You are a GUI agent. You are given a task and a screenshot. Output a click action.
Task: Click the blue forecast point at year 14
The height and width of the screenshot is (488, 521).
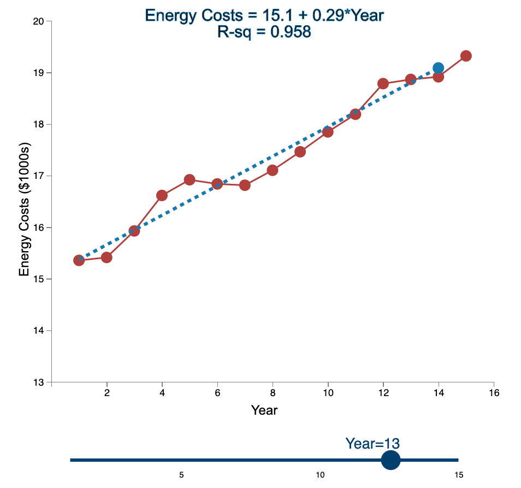[x=438, y=68]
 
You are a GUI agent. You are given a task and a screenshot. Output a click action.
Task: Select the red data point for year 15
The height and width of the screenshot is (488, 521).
[x=466, y=56]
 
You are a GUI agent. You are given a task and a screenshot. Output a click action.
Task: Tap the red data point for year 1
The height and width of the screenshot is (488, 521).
[x=79, y=260]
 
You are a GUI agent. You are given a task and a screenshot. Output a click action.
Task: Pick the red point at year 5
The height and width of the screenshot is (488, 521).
[x=190, y=179]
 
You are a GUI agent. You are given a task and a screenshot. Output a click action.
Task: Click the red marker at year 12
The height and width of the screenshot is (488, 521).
[x=383, y=83]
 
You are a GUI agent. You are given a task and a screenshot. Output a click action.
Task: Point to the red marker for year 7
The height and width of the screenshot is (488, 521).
[x=245, y=185]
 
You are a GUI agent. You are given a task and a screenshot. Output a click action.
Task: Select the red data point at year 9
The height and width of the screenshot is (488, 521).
[x=300, y=152]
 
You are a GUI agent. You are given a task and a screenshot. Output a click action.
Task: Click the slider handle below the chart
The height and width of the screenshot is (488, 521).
[x=390, y=460]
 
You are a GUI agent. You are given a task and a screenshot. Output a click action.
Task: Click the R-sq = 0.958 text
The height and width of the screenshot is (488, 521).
[x=264, y=32]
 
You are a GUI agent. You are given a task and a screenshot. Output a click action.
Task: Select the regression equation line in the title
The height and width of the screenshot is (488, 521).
[x=264, y=15]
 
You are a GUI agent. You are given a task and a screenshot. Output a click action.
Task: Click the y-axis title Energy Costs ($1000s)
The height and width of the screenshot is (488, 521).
[x=24, y=211]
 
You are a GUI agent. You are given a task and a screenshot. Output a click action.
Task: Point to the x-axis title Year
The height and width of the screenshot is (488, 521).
[x=264, y=410]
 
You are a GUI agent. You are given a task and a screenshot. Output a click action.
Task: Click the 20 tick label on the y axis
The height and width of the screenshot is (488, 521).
[x=39, y=21]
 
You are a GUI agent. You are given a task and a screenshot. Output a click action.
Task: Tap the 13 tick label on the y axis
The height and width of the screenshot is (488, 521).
[x=39, y=382]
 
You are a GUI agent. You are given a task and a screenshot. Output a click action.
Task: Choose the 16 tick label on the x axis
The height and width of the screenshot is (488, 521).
[x=494, y=393]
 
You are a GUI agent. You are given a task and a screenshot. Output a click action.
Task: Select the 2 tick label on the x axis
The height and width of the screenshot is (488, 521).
[x=107, y=393]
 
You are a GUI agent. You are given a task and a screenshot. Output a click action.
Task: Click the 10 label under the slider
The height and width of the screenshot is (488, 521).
[x=320, y=475]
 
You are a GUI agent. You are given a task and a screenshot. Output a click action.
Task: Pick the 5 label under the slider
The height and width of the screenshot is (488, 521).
[x=181, y=475]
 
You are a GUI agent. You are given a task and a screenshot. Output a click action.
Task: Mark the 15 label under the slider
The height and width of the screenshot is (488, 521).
[x=458, y=475]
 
